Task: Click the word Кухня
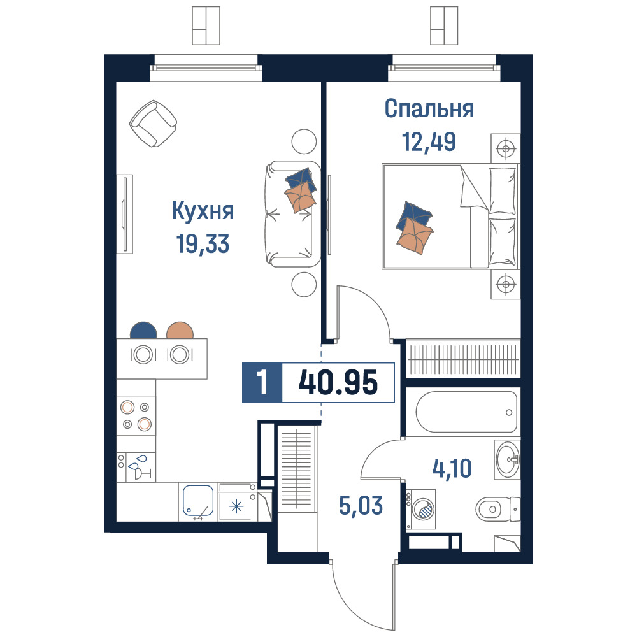tap(203, 211)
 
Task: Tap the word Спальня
tap(429, 109)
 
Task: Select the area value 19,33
tap(203, 244)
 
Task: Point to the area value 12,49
tap(429, 142)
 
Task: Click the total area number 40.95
tap(338, 383)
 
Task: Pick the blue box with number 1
tap(262, 383)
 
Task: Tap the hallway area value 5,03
tap(361, 506)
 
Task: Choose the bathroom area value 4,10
tap(452, 468)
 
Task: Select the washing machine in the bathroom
tap(421, 509)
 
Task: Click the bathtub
tap(466, 412)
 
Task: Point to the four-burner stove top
tap(136, 415)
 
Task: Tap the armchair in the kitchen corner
tap(153, 124)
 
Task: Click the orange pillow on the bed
tap(415, 236)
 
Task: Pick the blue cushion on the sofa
tap(301, 180)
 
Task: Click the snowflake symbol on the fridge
tap(236, 506)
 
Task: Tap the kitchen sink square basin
tap(198, 501)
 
